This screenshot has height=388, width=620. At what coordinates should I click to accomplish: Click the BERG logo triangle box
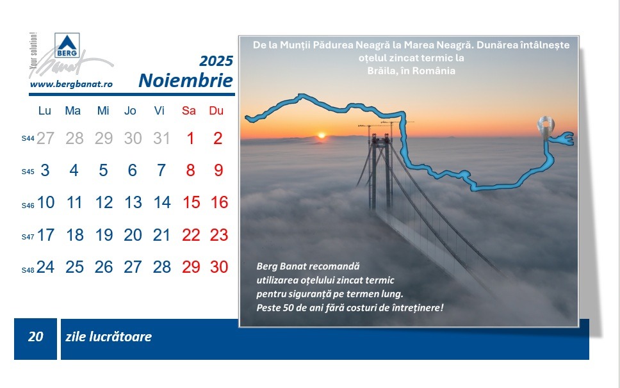[67, 45]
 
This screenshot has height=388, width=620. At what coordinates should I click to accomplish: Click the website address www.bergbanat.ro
[71, 84]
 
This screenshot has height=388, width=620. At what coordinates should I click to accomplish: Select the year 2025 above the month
[216, 61]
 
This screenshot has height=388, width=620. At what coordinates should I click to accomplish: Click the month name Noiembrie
[186, 80]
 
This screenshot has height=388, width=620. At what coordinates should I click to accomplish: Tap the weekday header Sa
[188, 111]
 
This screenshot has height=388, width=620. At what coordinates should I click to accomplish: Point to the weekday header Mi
[103, 111]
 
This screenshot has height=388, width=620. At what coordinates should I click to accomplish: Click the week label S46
[28, 206]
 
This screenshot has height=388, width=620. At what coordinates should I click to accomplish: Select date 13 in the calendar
[133, 202]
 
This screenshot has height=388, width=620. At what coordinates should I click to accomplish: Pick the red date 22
[191, 235]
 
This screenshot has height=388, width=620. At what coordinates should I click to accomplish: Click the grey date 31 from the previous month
[161, 138]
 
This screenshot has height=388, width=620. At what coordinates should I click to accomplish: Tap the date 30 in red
[219, 267]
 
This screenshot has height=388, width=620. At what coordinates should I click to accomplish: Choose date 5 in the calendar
[103, 170]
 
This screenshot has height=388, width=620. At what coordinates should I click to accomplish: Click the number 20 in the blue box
[36, 337]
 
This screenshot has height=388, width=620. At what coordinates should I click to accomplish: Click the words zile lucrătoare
[108, 337]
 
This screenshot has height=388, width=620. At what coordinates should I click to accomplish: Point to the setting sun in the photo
[322, 136]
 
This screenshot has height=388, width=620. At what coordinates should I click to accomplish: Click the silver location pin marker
[546, 128]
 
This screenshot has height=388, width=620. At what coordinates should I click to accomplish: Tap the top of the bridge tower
[380, 136]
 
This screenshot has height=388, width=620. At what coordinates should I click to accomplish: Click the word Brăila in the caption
[382, 71]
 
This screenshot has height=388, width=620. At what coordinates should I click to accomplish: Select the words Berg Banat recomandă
[308, 266]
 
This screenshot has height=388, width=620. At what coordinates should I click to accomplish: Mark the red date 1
[191, 138]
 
